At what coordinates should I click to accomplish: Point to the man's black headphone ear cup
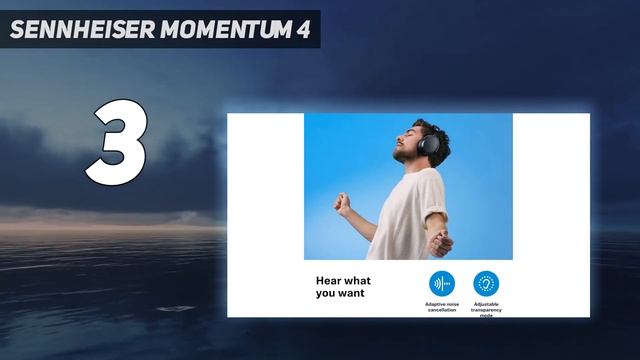[x=431, y=147]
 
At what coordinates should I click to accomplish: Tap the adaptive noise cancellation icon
[x=442, y=283]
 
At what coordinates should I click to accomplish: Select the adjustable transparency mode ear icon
[x=486, y=283]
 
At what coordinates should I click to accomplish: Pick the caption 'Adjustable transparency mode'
[x=486, y=309]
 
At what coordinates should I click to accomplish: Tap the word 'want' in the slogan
[x=350, y=294]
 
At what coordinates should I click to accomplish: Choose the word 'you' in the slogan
[x=326, y=294]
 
